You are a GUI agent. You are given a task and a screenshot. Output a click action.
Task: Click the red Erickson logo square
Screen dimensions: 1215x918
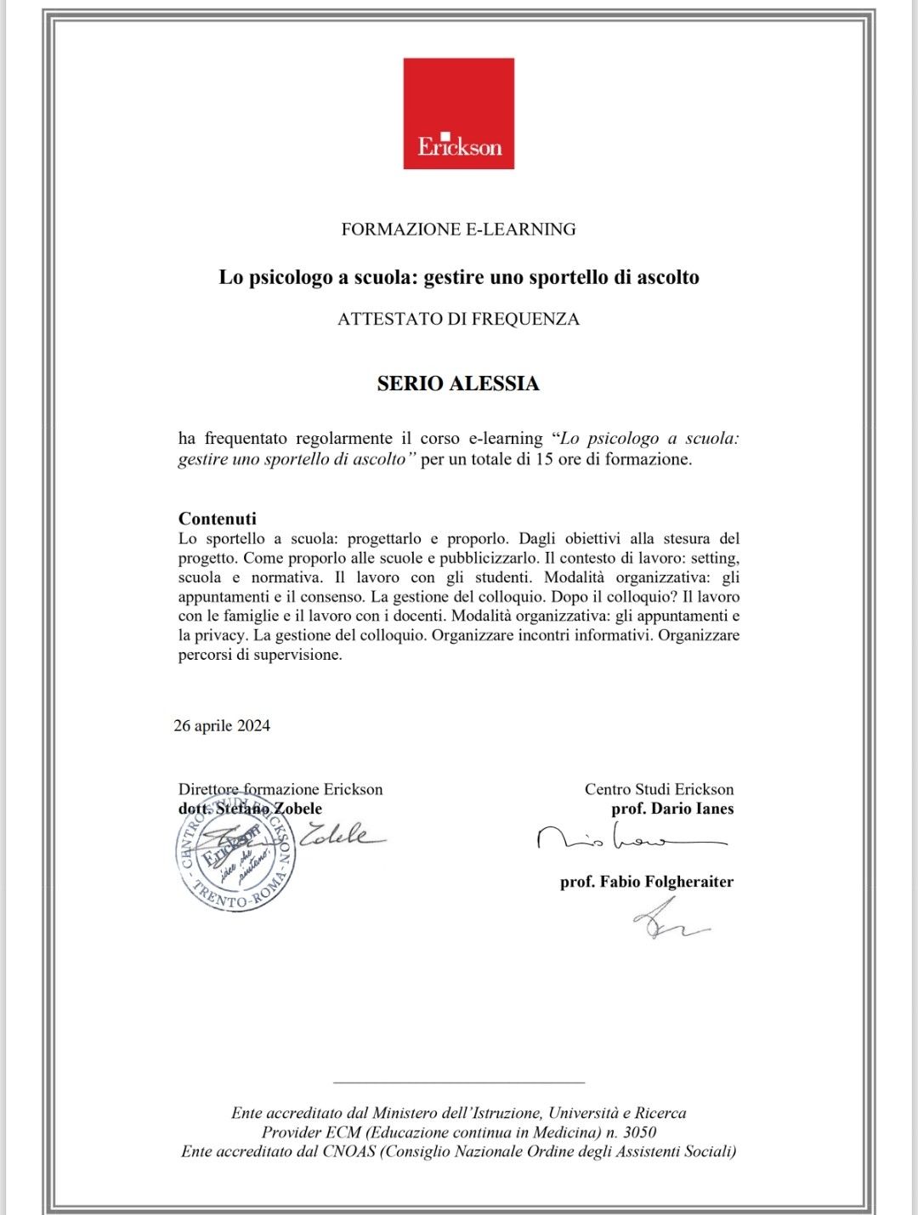458,113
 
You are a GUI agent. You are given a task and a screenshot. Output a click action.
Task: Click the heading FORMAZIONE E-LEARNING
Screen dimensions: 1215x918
458,229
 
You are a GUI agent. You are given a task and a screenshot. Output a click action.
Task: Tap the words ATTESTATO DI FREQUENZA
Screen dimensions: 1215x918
458,319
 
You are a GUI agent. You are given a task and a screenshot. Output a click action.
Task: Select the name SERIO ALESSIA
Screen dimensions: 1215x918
458,383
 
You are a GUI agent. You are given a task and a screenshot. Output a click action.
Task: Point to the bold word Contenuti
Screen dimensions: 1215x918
217,519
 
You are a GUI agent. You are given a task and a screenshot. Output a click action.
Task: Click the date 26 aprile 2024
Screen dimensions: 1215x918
222,725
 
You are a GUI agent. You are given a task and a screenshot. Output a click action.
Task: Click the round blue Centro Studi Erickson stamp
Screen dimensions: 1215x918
235,854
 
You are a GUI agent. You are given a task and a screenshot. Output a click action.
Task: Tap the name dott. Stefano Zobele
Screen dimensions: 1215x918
250,809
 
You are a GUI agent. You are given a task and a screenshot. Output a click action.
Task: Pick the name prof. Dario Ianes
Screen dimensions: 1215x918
672,809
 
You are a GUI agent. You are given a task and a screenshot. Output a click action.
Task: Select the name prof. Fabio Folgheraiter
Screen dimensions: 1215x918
646,882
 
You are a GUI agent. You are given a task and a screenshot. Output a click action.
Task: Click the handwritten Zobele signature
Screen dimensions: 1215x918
340,833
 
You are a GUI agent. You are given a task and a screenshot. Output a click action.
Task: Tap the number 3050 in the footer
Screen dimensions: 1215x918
639,1133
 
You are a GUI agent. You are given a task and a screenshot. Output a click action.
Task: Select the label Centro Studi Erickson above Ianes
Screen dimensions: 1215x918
659,789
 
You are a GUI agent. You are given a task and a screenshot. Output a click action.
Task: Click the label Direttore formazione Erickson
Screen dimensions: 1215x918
280,789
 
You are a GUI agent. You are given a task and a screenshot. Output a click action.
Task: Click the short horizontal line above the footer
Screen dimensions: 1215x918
459,1082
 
